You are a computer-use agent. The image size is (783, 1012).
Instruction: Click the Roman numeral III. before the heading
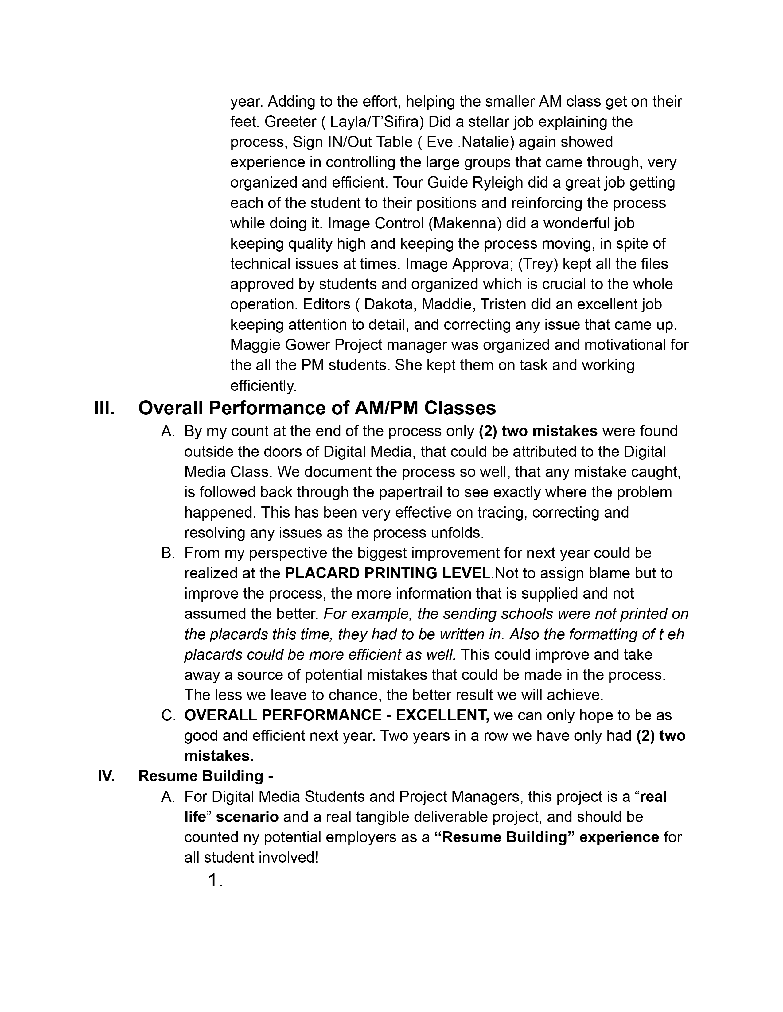tap(104, 408)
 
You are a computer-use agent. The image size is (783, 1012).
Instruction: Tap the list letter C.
tap(168, 715)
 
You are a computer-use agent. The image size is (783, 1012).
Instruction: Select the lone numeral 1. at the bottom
tap(216, 880)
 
